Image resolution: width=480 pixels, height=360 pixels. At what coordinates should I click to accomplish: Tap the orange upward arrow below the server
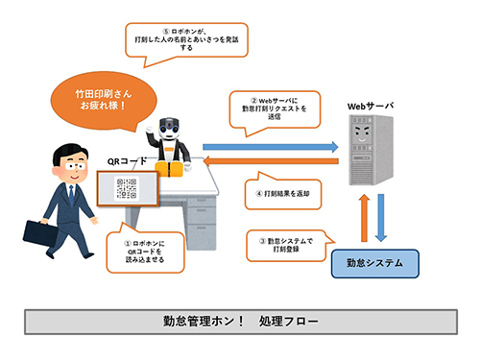pos(364,215)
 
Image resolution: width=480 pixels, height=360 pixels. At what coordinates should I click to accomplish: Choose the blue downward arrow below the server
pos(381,215)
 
